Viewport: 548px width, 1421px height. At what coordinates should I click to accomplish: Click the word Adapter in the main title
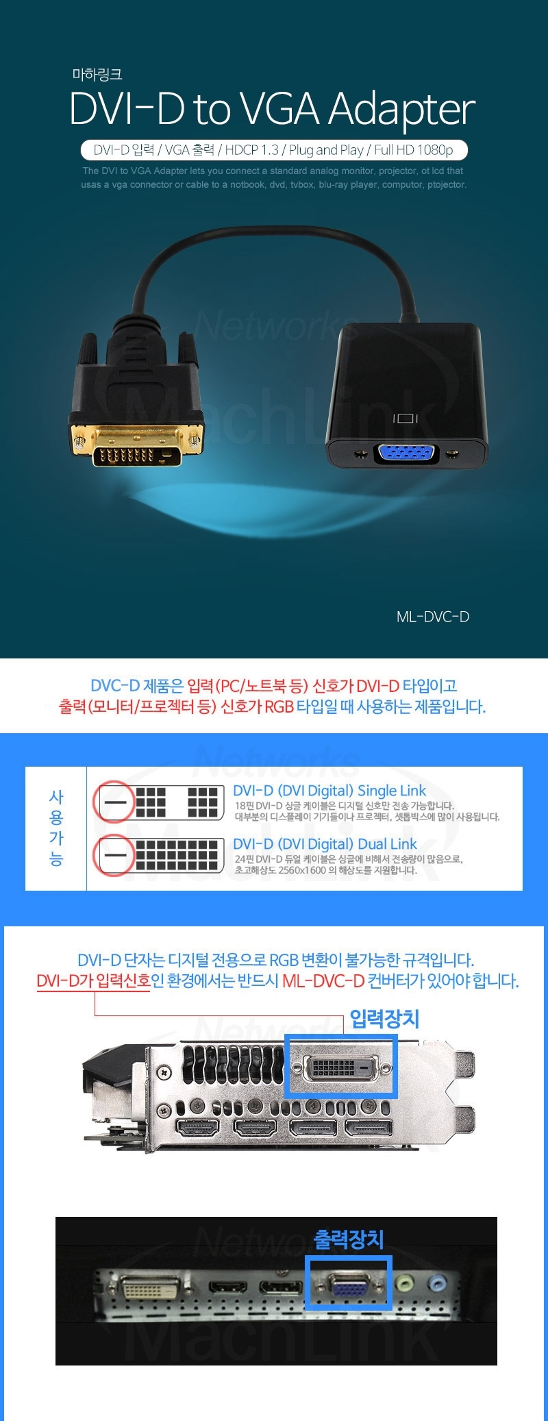(401, 110)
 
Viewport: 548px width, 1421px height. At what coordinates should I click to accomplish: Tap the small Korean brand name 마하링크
(97, 75)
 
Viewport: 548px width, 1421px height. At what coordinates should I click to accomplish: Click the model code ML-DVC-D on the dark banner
(433, 617)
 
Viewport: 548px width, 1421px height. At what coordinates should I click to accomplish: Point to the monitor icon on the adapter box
(405, 418)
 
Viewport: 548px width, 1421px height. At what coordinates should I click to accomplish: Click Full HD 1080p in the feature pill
(414, 150)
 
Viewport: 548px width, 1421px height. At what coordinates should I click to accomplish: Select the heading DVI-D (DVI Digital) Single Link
(329, 791)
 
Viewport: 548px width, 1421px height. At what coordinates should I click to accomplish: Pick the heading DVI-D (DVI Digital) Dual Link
(325, 844)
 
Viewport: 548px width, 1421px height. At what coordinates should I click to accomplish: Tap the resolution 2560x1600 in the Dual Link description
(302, 870)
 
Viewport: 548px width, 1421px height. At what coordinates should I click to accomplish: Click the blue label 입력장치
(384, 1019)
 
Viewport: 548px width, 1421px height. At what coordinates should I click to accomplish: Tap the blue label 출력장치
(349, 1239)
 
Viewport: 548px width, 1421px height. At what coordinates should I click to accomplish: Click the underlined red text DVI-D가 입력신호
(93, 981)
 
